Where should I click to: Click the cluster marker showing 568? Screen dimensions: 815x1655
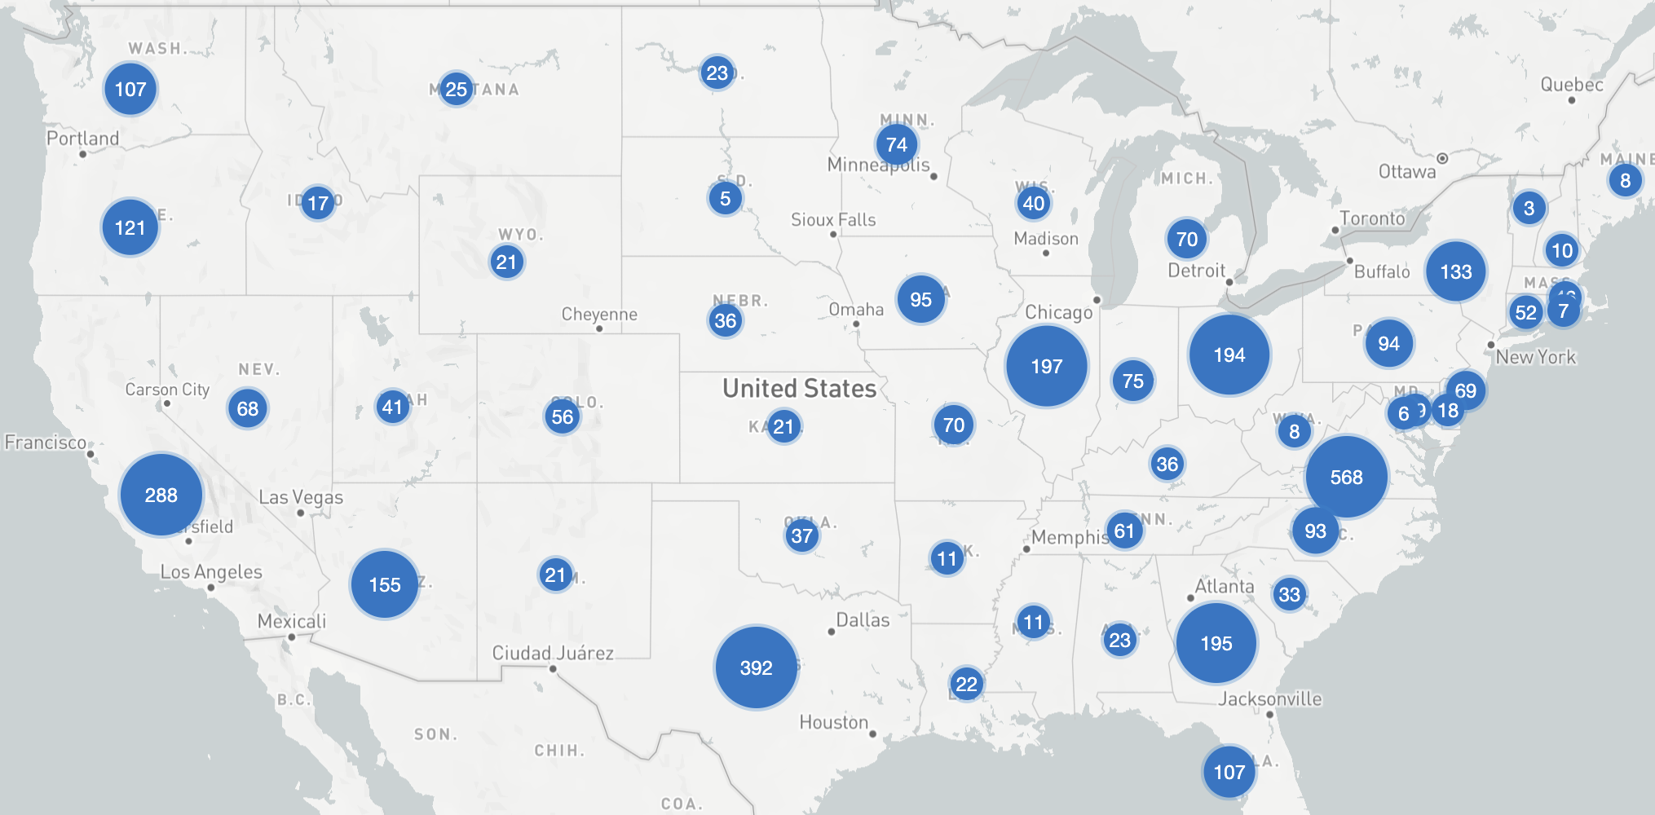[1346, 477]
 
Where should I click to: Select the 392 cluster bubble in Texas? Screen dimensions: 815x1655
[756, 667]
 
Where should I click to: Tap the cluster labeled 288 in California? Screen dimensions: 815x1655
[161, 495]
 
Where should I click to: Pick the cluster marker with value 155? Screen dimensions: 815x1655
[384, 584]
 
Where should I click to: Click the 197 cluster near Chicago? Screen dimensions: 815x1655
[1046, 366]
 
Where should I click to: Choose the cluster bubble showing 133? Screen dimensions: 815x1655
[1455, 271]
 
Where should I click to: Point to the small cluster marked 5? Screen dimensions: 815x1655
[725, 198]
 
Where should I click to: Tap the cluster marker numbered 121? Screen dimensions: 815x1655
[130, 227]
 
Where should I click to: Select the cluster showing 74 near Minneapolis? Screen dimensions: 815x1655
[896, 144]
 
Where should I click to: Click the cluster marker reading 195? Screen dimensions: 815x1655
[1216, 643]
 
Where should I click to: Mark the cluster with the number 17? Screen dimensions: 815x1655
[317, 202]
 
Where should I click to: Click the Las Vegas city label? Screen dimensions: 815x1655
[301, 497]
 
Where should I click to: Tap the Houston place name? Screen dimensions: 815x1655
[833, 722]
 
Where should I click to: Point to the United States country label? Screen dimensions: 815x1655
[799, 388]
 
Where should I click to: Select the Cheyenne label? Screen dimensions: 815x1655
[599, 314]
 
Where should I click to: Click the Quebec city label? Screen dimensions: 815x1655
[1571, 85]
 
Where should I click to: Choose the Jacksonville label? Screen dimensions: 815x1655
[1269, 698]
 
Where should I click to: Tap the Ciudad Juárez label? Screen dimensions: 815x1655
[553, 653]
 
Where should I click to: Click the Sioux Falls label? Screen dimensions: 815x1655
[833, 219]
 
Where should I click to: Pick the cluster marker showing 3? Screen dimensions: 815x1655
[1529, 208]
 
